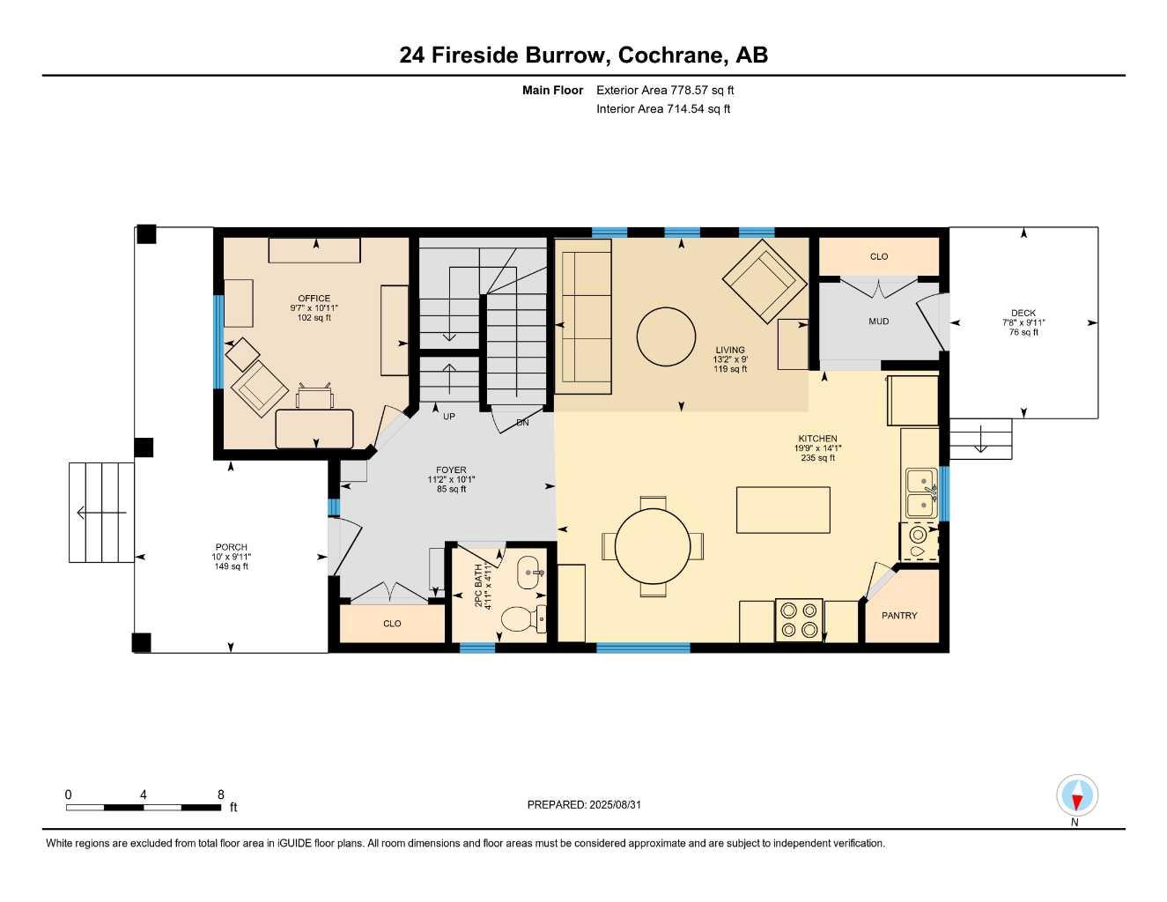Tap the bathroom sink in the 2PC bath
pyautogui.click(x=532, y=573)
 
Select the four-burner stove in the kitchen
pyautogui.click(x=799, y=619)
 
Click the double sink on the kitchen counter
pyautogui.click(x=920, y=493)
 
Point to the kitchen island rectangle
pyautogui.click(x=783, y=510)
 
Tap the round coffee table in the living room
pyautogui.click(x=665, y=336)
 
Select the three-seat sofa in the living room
pyautogui.click(x=583, y=316)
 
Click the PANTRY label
pyautogui.click(x=899, y=616)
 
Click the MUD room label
pyautogui.click(x=878, y=322)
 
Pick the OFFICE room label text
pyautogui.click(x=314, y=299)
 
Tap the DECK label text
pyautogui.click(x=1023, y=313)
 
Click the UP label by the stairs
pyautogui.click(x=449, y=417)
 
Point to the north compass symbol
pyautogui.click(x=1076, y=797)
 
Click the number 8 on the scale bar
pyautogui.click(x=220, y=794)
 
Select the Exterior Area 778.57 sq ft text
pyautogui.click(x=665, y=90)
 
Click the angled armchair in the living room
pyautogui.click(x=764, y=282)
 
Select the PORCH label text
pyautogui.click(x=232, y=547)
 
